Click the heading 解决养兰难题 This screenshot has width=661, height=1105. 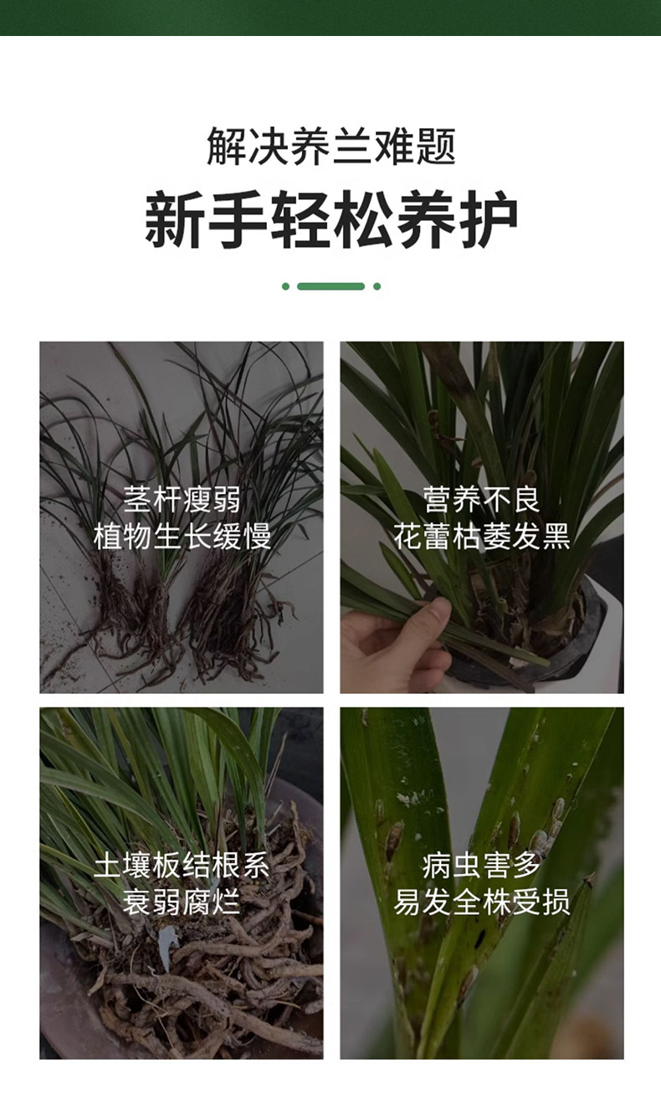coord(330,146)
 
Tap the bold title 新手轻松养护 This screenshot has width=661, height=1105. coord(330,219)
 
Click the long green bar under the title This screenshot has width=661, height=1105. coord(330,286)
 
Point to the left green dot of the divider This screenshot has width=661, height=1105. coord(285,286)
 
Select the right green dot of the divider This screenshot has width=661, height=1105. coord(377,286)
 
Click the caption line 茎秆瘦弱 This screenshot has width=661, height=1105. coord(182,499)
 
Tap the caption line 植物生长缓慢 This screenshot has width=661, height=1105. coord(182,537)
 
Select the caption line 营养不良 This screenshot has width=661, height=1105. coord(482,499)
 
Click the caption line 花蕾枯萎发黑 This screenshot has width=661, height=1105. coord(482,537)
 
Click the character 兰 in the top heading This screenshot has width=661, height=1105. coord(351,146)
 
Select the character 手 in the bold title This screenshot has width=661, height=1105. coord(238,219)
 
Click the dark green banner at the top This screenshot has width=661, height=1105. coord(330,18)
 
